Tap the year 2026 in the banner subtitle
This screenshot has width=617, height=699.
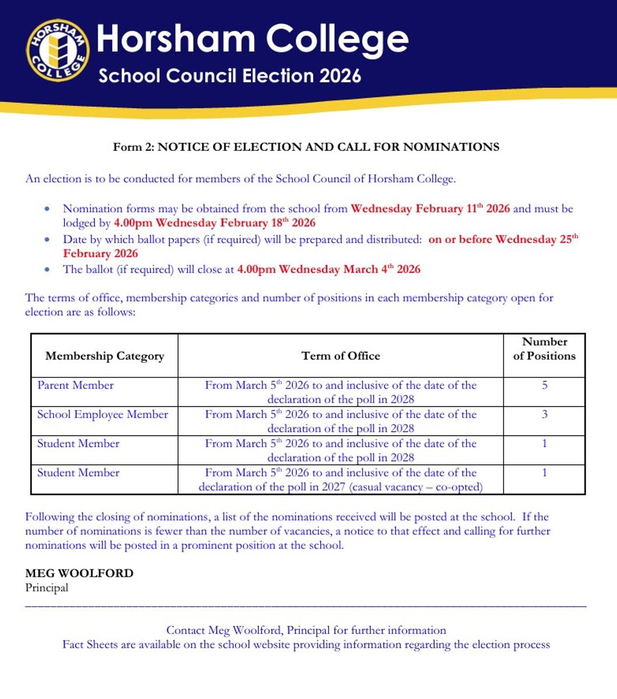point(340,76)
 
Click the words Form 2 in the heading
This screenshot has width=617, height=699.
point(133,147)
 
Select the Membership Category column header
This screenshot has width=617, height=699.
point(105,356)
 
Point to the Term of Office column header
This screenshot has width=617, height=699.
point(340,356)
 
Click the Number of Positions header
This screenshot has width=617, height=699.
point(544,349)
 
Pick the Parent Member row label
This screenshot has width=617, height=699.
point(76,385)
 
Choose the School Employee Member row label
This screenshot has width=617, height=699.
point(103,414)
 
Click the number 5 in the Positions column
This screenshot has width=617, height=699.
point(544,385)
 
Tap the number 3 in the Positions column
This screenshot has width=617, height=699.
point(544,414)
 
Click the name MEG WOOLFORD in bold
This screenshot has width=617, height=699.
point(79,573)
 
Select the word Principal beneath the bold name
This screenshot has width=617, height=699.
point(47,588)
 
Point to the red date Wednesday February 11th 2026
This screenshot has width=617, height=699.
point(430,209)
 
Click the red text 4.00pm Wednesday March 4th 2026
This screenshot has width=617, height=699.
point(329,269)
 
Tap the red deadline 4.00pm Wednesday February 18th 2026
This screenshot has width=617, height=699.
point(214,223)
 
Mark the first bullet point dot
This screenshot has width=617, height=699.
point(47,209)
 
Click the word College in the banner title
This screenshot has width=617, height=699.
point(337,39)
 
